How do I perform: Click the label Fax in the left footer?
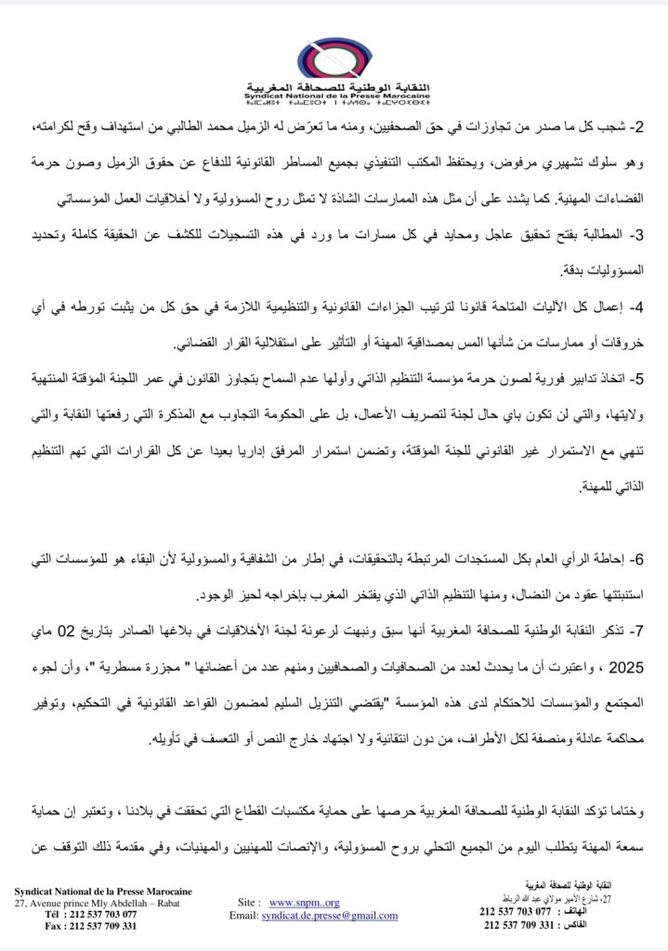[54, 925]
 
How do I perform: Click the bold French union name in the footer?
[103, 890]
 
